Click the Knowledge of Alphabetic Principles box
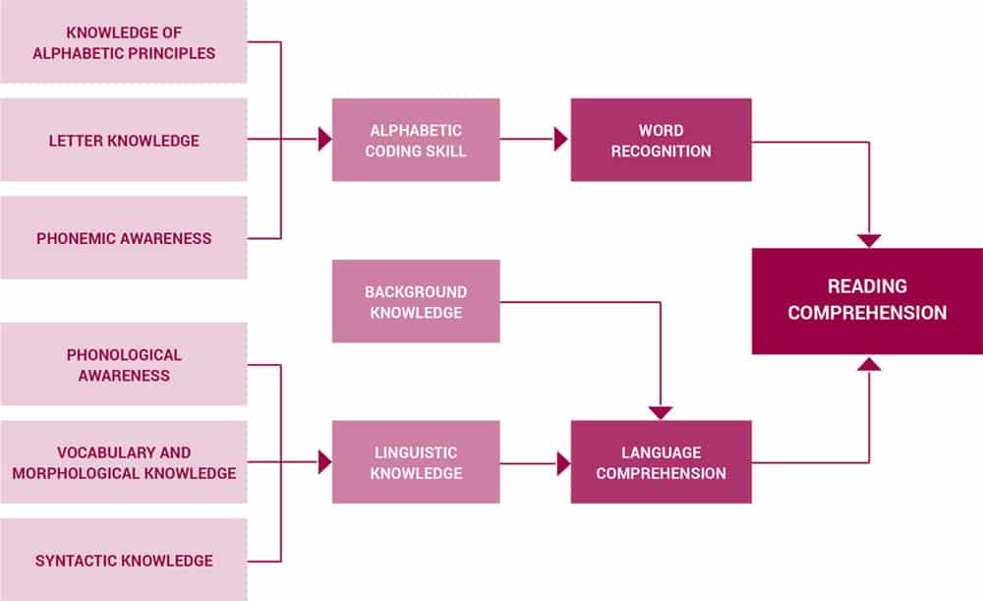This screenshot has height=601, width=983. pyautogui.click(x=124, y=42)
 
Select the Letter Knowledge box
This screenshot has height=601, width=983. pyautogui.click(x=124, y=141)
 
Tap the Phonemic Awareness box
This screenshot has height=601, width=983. pyautogui.click(x=124, y=238)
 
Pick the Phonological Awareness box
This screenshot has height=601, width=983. pyautogui.click(x=124, y=365)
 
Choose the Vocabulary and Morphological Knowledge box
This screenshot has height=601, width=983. pyautogui.click(x=124, y=462)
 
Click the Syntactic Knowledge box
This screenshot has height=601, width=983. pyautogui.click(x=124, y=561)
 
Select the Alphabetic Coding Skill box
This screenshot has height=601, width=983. pyautogui.click(x=416, y=140)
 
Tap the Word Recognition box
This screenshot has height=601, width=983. pyautogui.click(x=661, y=140)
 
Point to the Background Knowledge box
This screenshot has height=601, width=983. pyautogui.click(x=416, y=302)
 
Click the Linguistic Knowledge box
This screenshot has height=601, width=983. pyautogui.click(x=416, y=462)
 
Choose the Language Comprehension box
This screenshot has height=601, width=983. pyautogui.click(x=661, y=462)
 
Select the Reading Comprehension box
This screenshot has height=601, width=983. pyautogui.click(x=867, y=300)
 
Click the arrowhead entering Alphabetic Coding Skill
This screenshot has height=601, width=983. pyautogui.click(x=325, y=140)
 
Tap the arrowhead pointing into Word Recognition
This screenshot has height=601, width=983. pyautogui.click(x=562, y=140)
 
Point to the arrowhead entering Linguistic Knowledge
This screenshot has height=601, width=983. pyautogui.click(x=325, y=462)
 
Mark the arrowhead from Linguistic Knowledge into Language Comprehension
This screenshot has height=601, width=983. pyautogui.click(x=563, y=463)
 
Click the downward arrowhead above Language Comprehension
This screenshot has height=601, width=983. pyautogui.click(x=661, y=413)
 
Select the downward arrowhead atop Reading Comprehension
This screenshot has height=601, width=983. pyautogui.click(x=869, y=241)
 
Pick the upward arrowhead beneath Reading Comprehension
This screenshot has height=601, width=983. pyautogui.click(x=869, y=363)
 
